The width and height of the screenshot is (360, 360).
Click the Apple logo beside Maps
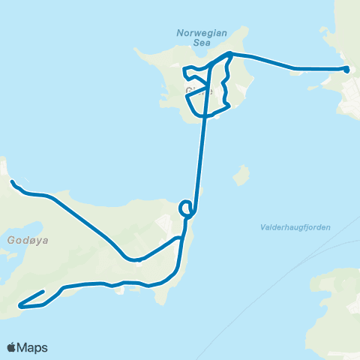[x=11, y=347]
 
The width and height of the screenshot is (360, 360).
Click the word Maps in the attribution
[x=32, y=347]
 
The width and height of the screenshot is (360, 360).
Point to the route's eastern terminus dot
[x=346, y=69]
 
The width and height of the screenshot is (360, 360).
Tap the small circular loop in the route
[x=186, y=208]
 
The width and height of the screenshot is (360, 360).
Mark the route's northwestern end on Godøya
[x=12, y=181]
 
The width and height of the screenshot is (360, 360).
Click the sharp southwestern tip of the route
[x=20, y=306]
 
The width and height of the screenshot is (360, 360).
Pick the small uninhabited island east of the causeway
[x=241, y=176]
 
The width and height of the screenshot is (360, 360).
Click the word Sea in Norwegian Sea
[x=200, y=43]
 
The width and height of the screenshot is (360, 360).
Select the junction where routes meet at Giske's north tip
[x=228, y=54]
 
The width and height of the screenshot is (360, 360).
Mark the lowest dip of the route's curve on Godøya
[x=135, y=260]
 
